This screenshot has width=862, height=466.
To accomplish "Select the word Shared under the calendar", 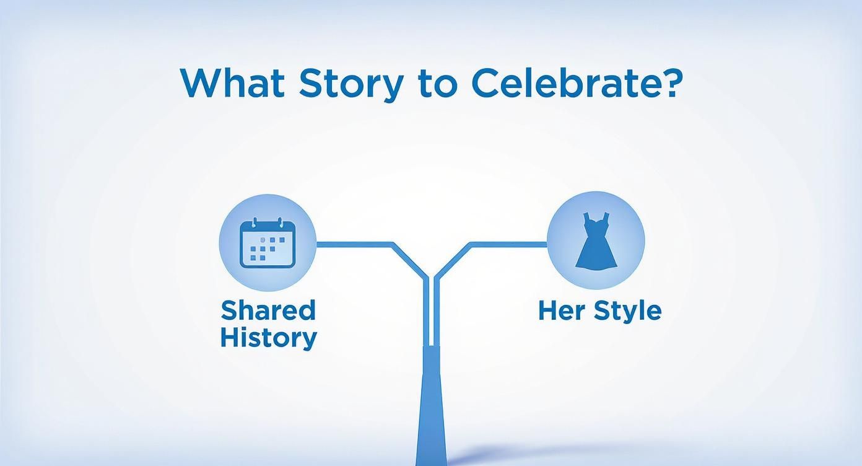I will tap(268, 310).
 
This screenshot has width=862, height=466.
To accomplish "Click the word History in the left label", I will tap(268, 338).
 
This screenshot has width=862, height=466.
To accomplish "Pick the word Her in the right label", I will tap(559, 310).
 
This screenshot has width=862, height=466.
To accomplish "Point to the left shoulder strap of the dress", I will tap(586, 218).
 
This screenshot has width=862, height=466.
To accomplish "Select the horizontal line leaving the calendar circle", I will tap(353, 244).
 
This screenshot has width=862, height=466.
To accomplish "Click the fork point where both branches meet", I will tap(430, 279).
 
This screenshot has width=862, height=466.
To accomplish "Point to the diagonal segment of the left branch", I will tap(409, 260).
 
